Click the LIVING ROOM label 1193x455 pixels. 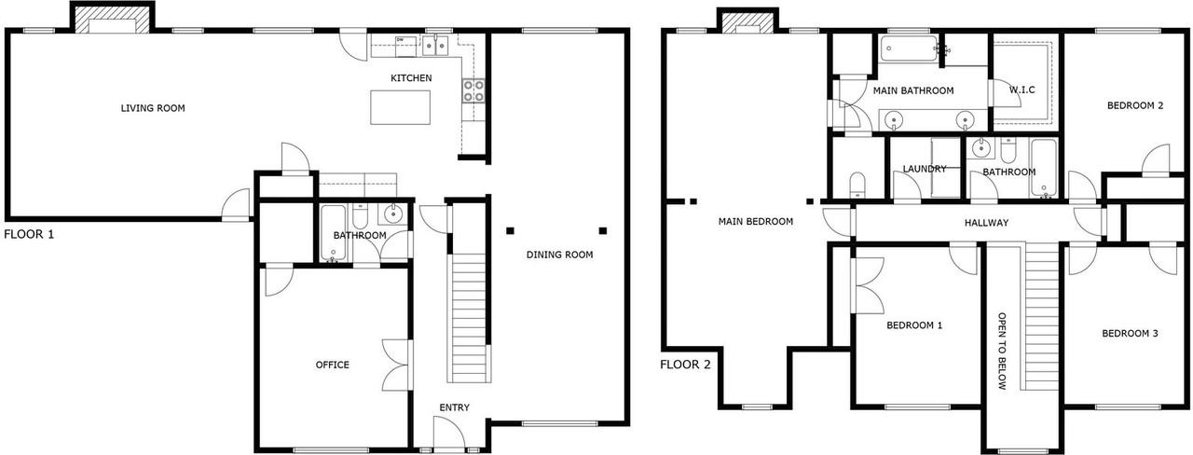[153, 108]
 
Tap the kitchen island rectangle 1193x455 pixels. [401, 107]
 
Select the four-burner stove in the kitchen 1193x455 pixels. [473, 90]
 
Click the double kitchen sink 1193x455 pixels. [435, 46]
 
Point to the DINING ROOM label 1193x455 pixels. [560, 255]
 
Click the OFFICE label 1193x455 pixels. [333, 365]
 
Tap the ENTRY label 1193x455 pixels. [454, 407]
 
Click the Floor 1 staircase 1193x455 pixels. [469, 318]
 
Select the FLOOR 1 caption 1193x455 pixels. [29, 234]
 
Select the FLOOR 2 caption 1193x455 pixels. [685, 365]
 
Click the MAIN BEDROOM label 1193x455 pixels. [756, 222]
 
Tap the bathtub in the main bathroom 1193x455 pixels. [909, 48]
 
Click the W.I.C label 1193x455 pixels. [1022, 90]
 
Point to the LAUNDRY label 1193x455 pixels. [925, 169]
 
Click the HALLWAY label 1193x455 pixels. [986, 223]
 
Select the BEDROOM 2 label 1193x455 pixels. [1135, 105]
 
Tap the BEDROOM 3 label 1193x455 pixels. [1130, 334]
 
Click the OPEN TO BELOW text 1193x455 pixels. [1002, 352]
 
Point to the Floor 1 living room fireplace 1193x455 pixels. [112, 20]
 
